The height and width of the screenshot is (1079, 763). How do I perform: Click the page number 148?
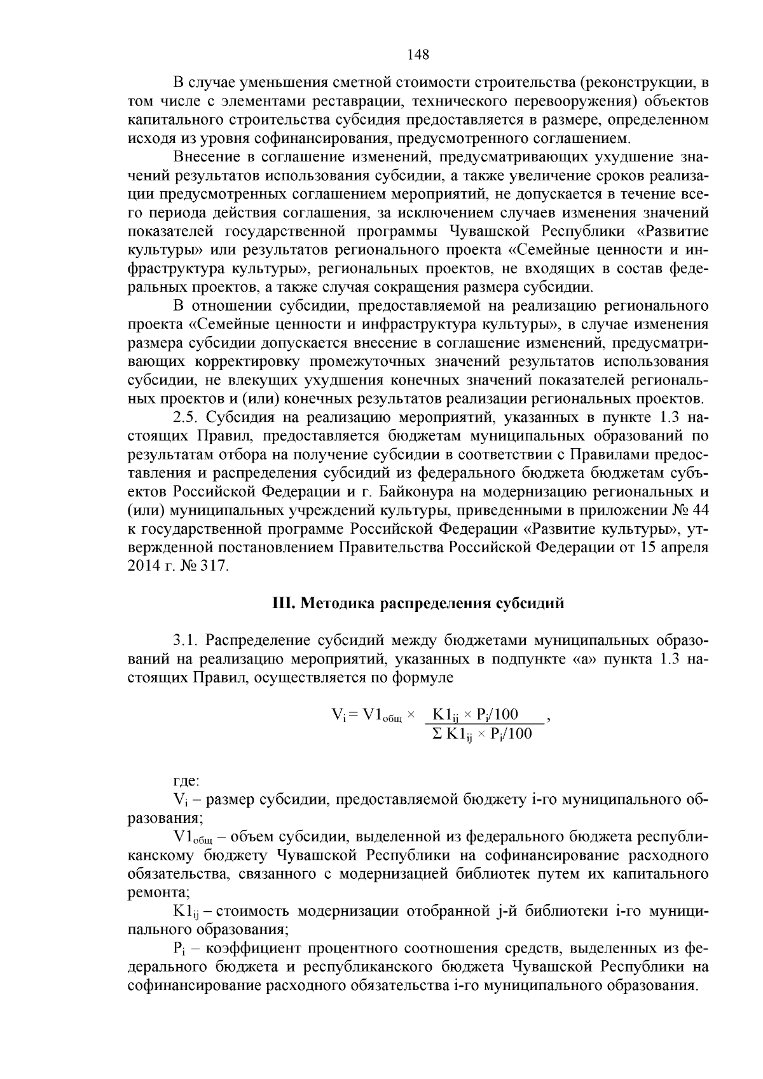point(418,55)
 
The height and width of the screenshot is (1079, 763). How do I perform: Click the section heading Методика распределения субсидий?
point(432,603)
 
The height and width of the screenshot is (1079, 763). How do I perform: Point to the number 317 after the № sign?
point(213,566)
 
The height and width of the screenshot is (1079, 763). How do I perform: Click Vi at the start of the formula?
point(338,716)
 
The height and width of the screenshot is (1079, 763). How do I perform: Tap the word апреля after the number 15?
point(685,547)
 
